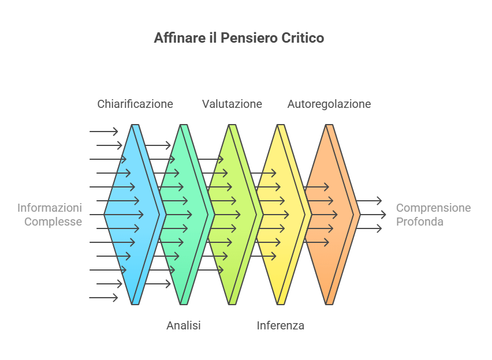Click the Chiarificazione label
tap(135, 104)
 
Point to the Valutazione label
tap(232, 104)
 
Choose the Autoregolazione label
tap(329, 104)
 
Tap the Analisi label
tap(184, 326)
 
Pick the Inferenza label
tap(281, 326)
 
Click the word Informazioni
tap(50, 208)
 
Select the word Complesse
tap(53, 222)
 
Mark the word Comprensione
tap(434, 208)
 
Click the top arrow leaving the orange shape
tap(370, 201)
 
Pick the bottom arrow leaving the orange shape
tap(370, 228)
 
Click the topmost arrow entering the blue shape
tap(104, 132)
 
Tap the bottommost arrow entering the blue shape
tap(104, 298)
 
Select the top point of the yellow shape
tap(281, 126)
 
